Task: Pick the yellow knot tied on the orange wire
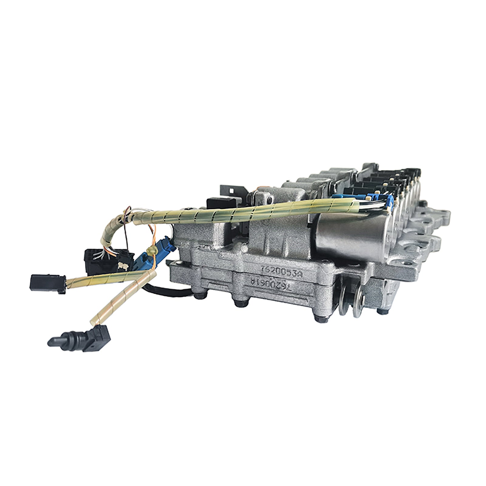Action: coord(149,250)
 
